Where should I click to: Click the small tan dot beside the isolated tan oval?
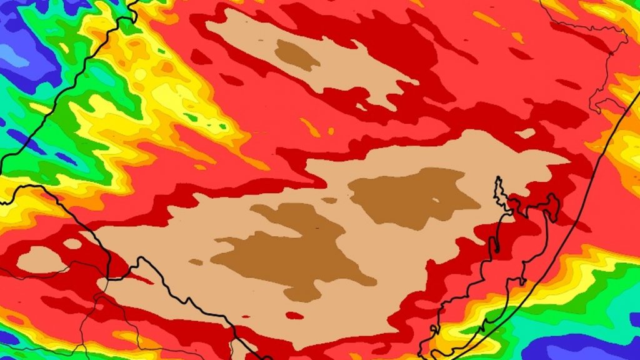pyautogui.click(x=72, y=244)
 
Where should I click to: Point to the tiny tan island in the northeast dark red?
pyautogui.click(x=525, y=133)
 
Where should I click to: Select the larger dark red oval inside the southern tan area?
pyautogui.click(x=294, y=316)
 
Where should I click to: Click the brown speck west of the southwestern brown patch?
pyautogui.click(x=196, y=262)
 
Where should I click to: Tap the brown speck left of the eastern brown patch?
pyautogui.click(x=329, y=201)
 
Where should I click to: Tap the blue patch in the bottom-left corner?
pyautogui.click(x=7, y=337)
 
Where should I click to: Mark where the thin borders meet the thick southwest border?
pyautogui.click(x=107, y=278)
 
